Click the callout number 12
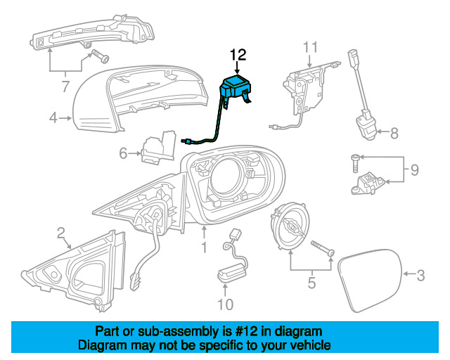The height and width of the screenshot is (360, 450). (238, 54)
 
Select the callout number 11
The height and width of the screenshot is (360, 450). (311, 48)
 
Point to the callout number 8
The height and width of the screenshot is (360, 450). (394, 131)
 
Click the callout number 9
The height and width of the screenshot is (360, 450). (415, 169)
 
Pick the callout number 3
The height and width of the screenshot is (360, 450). (420, 276)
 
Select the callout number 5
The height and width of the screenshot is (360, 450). (311, 285)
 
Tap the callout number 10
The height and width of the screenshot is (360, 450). (225, 304)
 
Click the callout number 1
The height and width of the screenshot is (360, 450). (204, 247)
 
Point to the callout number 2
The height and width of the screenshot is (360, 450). (61, 232)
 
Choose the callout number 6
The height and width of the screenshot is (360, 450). (123, 153)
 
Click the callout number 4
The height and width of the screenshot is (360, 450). (53, 118)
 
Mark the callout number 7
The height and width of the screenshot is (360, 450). (65, 87)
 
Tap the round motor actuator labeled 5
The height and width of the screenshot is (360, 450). (290, 225)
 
